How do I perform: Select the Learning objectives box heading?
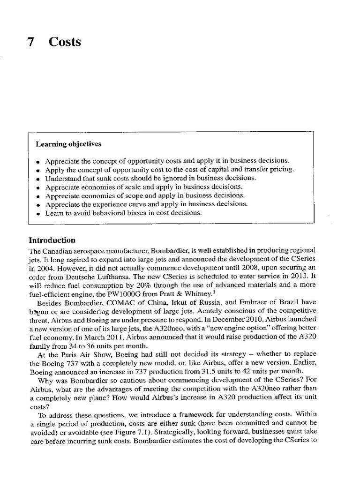pos(68,144)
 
